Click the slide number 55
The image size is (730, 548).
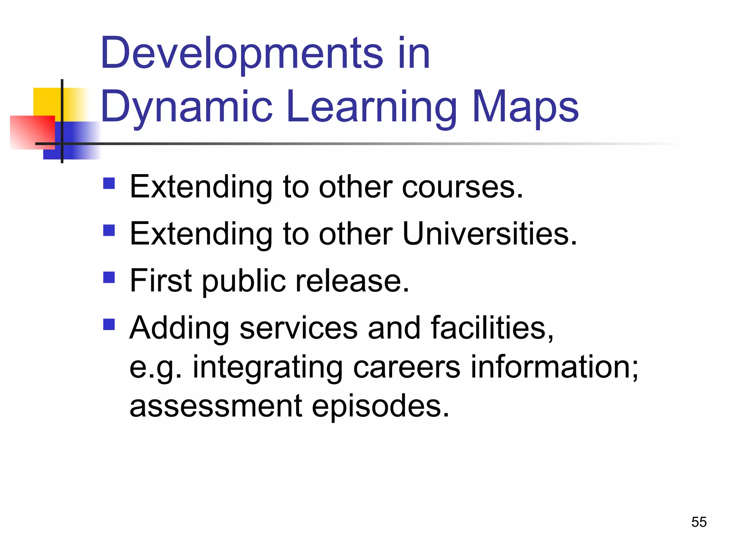[x=699, y=522]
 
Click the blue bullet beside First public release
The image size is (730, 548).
[x=109, y=277]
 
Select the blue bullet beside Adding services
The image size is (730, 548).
[x=109, y=324]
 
